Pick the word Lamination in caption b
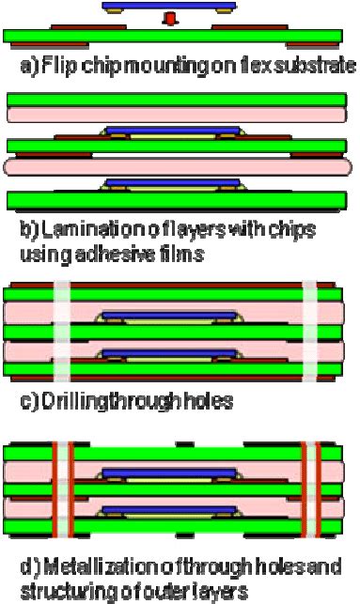coord(63,231)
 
